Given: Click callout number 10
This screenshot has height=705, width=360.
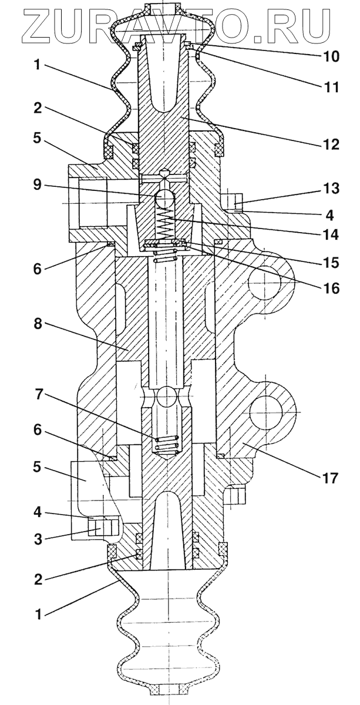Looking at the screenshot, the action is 330,56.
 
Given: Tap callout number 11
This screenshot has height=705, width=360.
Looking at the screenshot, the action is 330,86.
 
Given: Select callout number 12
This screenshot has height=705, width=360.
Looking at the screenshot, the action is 330,144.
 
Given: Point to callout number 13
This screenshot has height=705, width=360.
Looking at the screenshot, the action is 330,188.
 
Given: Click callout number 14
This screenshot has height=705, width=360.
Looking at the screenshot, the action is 330,235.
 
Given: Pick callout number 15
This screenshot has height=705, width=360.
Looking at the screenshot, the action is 330,263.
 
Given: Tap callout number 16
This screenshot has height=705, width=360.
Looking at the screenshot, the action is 330,288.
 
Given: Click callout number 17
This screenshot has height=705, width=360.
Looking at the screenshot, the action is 329,478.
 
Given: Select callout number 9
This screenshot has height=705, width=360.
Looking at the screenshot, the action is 38,185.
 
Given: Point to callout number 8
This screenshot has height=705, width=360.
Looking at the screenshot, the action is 38,324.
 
